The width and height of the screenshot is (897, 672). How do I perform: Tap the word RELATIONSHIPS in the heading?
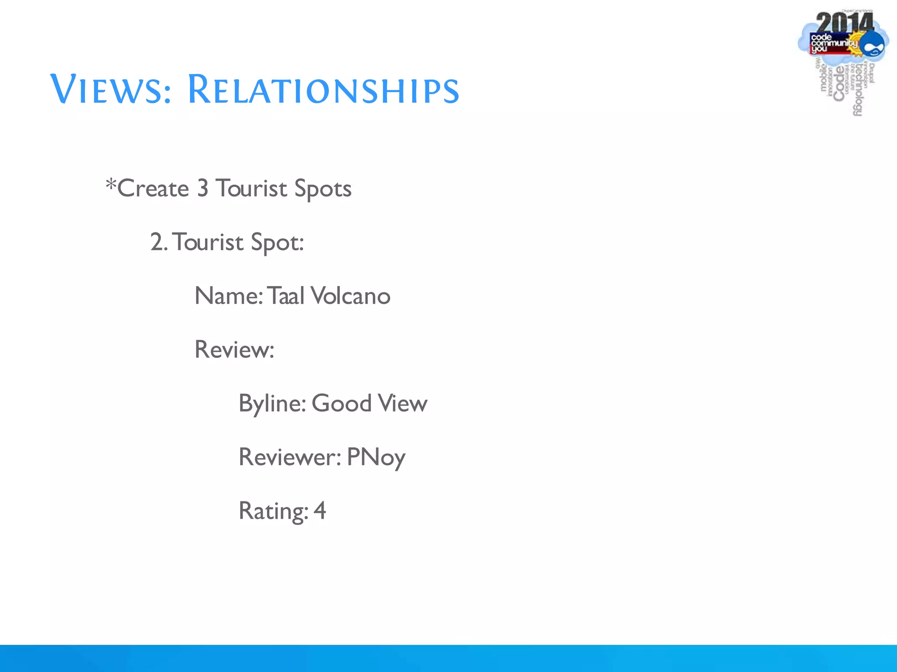[323, 90]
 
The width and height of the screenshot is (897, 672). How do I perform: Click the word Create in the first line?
[153, 189]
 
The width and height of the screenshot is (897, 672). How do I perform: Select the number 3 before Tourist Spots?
[202, 188]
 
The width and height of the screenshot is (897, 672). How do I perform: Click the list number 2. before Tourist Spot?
[159, 242]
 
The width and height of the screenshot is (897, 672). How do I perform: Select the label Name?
[229, 296]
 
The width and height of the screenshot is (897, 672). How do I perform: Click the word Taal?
[286, 296]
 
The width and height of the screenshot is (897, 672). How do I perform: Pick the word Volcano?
[350, 296]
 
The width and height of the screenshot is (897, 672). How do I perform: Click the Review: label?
[234, 350]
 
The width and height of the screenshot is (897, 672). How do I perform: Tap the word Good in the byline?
[342, 403]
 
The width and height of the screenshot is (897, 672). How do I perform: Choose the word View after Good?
[403, 403]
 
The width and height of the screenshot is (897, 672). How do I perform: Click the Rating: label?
[273, 511]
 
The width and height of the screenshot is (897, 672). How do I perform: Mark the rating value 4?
[320, 511]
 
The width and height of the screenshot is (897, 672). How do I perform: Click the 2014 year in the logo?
[844, 23]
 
